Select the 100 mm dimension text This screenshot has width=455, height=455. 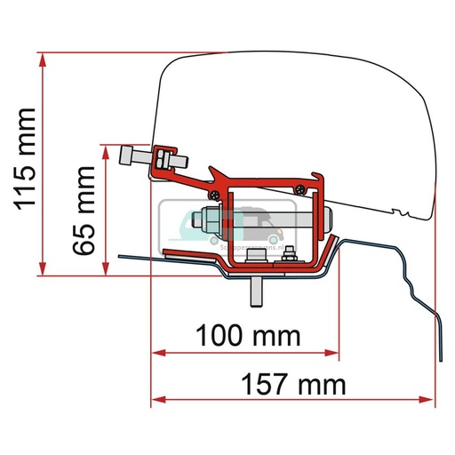pyautogui.click(x=244, y=337)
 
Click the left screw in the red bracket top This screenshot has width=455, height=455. pyautogui.click(x=213, y=192)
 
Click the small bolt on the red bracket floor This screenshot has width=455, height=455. pyautogui.click(x=288, y=259)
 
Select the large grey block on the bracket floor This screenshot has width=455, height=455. pyautogui.click(x=255, y=258)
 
